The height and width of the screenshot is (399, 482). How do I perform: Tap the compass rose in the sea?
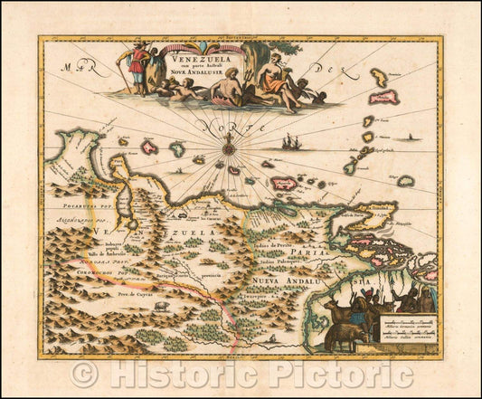pos(230,144)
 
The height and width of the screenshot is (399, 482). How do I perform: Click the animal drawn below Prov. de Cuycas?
pos(160,306)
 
